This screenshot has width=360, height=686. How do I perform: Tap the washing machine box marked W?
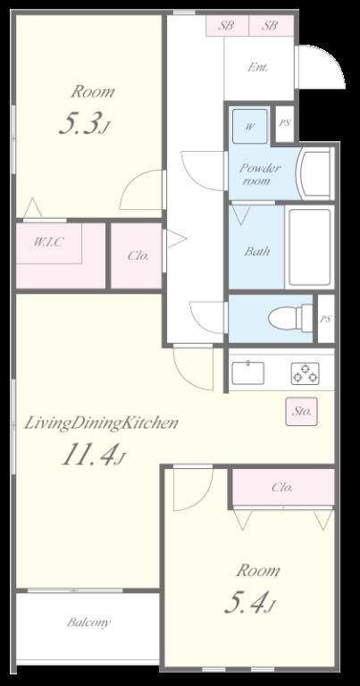point(250,127)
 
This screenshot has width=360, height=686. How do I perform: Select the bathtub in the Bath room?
point(309,247)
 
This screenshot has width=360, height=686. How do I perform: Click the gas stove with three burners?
point(305,373)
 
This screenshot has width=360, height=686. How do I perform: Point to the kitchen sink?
point(248,372)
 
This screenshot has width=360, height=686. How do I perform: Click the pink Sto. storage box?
point(301,411)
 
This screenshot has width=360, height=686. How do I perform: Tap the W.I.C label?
point(47,241)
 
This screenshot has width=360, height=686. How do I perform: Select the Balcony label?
point(88,622)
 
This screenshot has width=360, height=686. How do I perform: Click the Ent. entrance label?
point(258,67)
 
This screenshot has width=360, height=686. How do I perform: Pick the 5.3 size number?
point(81,123)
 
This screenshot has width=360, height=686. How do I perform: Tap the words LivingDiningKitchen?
point(101,423)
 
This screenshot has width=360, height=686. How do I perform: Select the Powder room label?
point(259,174)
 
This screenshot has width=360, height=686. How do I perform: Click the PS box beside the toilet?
point(325,319)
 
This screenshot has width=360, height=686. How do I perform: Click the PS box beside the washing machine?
point(285,123)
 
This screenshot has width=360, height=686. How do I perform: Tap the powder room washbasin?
point(314,173)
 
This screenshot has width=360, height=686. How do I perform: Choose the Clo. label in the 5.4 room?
point(282,488)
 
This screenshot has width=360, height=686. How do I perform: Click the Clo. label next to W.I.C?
point(138,256)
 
